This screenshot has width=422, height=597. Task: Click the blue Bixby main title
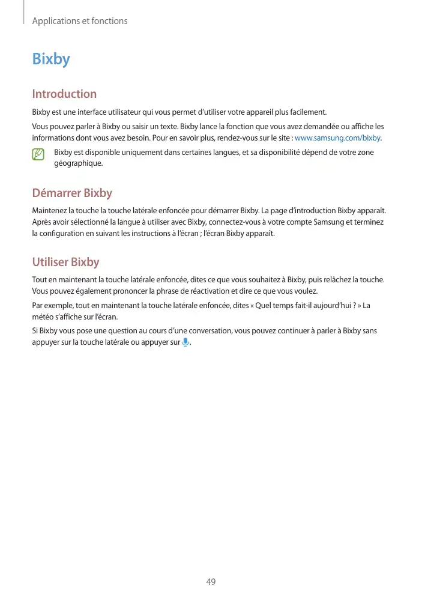51,59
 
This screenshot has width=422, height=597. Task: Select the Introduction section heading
64,94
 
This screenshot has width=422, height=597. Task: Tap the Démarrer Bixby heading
72,193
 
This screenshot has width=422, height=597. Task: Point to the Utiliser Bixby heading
65,262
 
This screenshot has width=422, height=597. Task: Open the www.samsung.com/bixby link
337,138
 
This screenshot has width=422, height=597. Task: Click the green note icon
39,154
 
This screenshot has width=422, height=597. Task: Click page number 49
211,581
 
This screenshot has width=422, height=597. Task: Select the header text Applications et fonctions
80,21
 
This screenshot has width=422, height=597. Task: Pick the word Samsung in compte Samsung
317,222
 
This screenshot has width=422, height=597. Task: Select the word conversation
203,330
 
